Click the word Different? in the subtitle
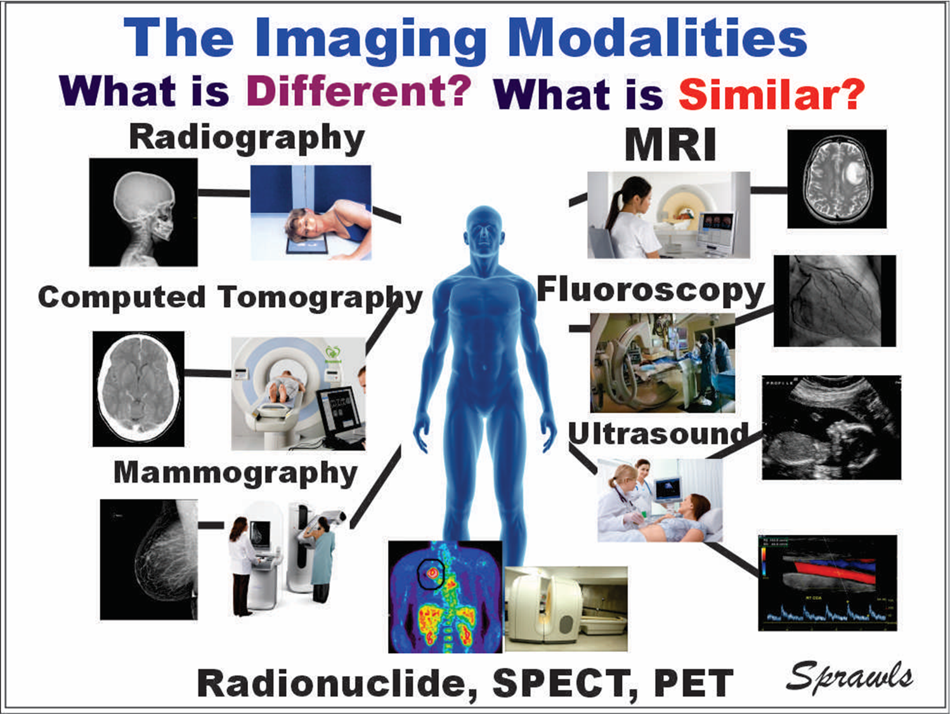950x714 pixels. (x=359, y=91)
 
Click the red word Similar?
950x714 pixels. (x=772, y=94)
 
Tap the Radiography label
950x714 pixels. (x=247, y=138)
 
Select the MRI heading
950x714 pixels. (x=670, y=145)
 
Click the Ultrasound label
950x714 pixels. (x=658, y=433)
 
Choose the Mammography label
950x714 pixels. (x=235, y=473)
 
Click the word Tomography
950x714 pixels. (x=320, y=298)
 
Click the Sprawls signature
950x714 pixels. (x=850, y=677)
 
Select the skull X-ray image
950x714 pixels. (x=143, y=212)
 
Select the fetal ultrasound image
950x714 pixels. (x=831, y=427)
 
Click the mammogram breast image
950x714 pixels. (x=149, y=559)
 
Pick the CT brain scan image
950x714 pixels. (x=138, y=389)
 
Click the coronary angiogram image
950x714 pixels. (x=835, y=300)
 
